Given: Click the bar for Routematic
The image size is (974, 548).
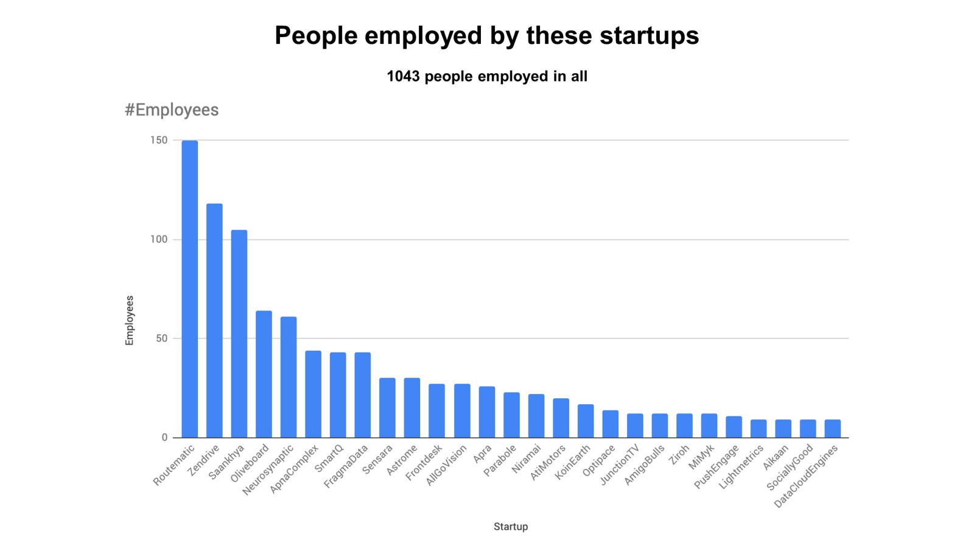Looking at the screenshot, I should (x=189, y=289).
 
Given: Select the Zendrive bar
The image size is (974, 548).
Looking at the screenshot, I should (x=214, y=321).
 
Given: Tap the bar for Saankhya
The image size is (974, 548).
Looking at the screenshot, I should (x=239, y=334).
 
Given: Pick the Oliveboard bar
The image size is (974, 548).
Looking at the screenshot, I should (x=264, y=374).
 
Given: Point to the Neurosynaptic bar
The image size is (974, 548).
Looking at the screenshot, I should (x=289, y=378).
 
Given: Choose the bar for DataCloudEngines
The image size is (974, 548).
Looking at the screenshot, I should (x=833, y=429).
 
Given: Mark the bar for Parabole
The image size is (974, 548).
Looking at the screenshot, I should (x=511, y=415).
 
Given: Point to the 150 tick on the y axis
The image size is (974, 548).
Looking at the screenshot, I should (x=159, y=140).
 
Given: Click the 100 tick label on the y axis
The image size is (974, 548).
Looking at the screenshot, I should (x=159, y=239).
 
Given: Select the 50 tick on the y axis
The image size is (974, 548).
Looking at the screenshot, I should (x=161, y=339).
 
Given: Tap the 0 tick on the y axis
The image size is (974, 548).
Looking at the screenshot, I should (x=164, y=437).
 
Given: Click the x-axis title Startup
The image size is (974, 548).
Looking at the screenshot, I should (x=511, y=527).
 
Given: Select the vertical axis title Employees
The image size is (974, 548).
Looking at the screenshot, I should (x=129, y=320).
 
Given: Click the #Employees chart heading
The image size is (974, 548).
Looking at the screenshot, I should (x=172, y=110).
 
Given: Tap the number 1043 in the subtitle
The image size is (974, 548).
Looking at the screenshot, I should (x=403, y=77).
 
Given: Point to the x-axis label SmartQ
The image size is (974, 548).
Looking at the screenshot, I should (x=329, y=458).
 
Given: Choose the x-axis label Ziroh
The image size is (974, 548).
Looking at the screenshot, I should (x=679, y=455).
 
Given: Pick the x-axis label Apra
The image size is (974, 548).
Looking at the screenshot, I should (x=482, y=454).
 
